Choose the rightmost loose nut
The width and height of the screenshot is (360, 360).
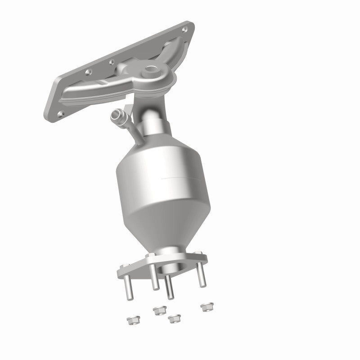coord(207,307)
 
